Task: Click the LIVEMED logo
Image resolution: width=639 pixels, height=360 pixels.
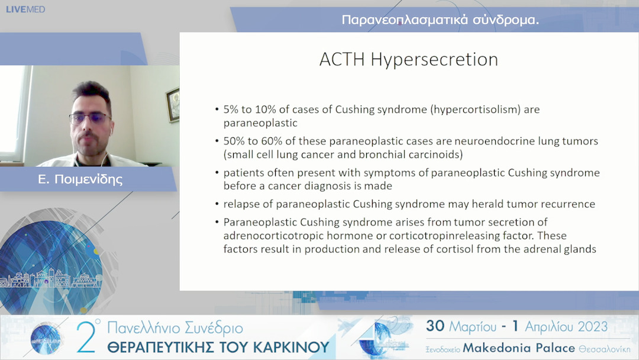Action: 25,9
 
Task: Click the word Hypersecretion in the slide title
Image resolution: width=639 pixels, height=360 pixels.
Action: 434,60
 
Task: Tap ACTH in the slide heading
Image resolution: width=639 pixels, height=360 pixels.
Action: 342,59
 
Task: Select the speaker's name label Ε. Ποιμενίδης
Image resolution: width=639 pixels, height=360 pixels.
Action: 80,179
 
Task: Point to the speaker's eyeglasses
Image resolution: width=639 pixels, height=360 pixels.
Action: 89,118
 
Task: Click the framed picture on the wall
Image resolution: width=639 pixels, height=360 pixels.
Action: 173,105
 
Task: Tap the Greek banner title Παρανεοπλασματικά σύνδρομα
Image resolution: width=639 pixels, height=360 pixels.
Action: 440,20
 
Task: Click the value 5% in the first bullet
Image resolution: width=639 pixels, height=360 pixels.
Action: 231,110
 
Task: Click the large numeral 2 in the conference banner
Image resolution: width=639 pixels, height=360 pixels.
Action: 86,337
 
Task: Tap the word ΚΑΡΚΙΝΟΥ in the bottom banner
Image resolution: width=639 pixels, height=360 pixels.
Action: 291,348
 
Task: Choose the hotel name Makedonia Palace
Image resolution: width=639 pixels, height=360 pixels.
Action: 519,348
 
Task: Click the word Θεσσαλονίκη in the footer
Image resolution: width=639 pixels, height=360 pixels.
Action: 604,349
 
